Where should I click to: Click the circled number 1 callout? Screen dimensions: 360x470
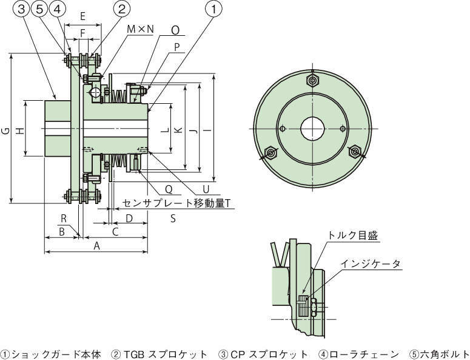(213, 8)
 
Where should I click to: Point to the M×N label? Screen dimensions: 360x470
(140, 29)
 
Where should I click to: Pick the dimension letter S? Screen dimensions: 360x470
(173, 218)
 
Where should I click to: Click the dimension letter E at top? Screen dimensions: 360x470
(82, 16)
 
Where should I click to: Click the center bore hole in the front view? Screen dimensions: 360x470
(312, 129)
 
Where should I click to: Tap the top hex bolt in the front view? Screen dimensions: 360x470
(312, 81)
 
